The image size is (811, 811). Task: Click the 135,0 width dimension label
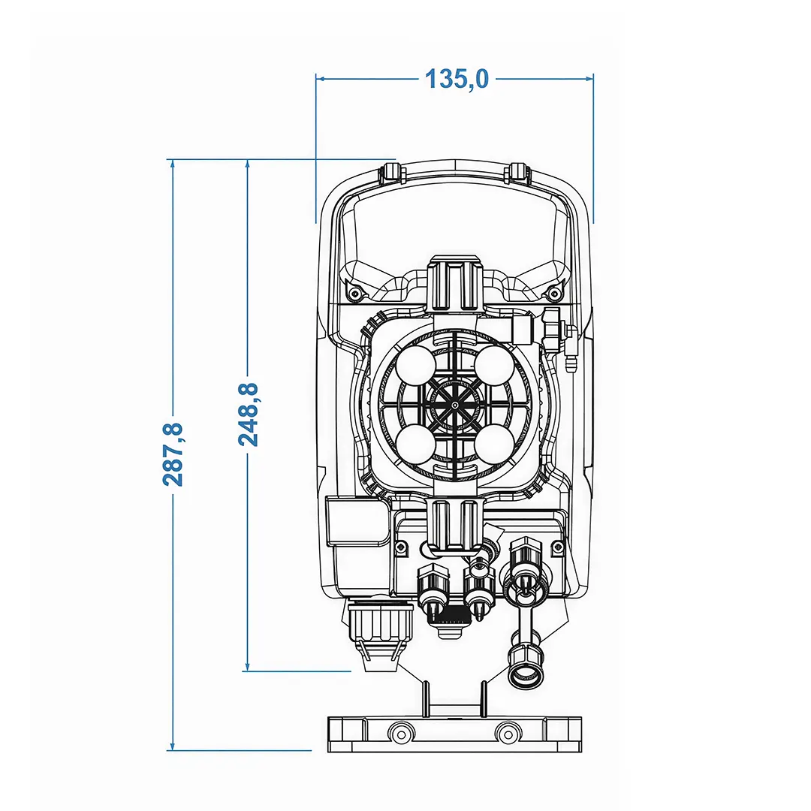coord(457,79)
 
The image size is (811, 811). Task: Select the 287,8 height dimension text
coord(173,454)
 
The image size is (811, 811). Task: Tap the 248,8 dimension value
coord(249,415)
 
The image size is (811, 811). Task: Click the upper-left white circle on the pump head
coord(416,366)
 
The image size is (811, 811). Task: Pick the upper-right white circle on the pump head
coord(494,366)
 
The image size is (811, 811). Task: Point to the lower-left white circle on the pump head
coord(416,444)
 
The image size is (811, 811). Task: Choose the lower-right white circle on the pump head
coord(494,444)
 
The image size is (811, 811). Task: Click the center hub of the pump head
coord(454,405)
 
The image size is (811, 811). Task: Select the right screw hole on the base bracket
coord(507,733)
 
